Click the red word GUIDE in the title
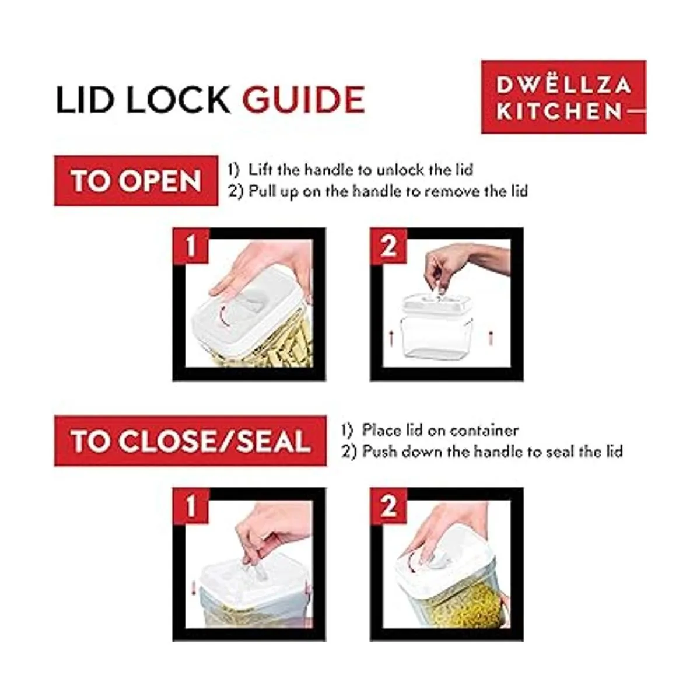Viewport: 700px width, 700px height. pyautogui.click(x=303, y=99)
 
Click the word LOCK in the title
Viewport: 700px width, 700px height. pyautogui.click(x=178, y=99)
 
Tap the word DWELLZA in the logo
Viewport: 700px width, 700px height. pyautogui.click(x=563, y=85)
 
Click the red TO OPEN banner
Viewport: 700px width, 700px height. pyautogui.click(x=136, y=180)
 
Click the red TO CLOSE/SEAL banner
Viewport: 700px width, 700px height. pyautogui.click(x=190, y=440)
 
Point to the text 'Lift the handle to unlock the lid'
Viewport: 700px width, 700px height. pyautogui.click(x=360, y=170)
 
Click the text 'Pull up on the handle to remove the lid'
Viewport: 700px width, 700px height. pyautogui.click(x=388, y=191)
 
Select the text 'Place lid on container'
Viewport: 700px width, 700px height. pyautogui.click(x=440, y=430)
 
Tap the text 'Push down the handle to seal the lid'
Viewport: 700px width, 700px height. pyautogui.click(x=492, y=452)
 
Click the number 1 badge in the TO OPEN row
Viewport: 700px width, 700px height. pyautogui.click(x=191, y=246)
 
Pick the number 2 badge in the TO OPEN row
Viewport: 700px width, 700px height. pyautogui.click(x=388, y=246)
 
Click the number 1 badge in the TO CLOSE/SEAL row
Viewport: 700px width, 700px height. pyautogui.click(x=191, y=506)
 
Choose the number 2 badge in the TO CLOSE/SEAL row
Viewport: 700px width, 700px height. pyautogui.click(x=388, y=506)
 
